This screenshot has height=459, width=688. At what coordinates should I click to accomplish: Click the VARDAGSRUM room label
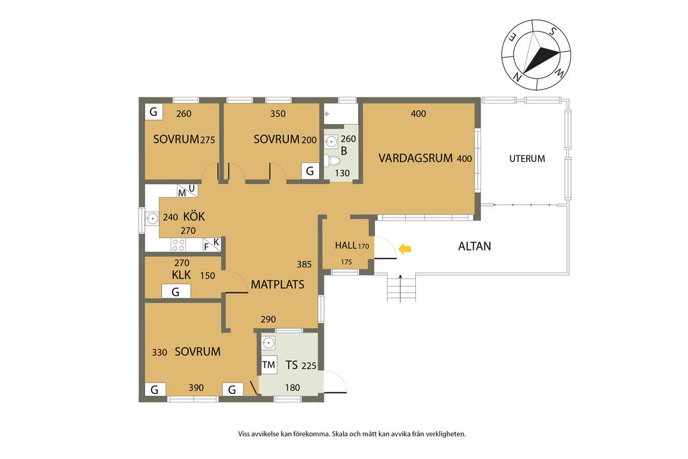point(415,158)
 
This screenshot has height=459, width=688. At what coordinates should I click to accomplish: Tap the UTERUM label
point(527,159)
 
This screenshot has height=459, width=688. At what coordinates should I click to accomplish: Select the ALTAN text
point(474,246)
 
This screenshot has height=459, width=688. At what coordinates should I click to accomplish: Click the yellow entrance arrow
point(404,249)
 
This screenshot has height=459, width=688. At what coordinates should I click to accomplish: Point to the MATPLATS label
point(277,284)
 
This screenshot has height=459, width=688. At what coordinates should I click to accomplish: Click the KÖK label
point(194,216)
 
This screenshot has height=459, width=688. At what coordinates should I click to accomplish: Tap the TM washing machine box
point(269,365)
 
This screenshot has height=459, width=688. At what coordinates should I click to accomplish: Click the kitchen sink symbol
point(153,218)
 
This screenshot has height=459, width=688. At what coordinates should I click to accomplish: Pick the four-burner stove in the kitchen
point(179,245)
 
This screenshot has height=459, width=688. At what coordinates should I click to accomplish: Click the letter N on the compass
point(517,78)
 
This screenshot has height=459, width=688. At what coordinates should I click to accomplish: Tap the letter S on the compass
point(553,32)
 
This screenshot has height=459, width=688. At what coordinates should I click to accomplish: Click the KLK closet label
point(181,275)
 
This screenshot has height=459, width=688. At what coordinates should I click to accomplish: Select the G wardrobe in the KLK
point(176,292)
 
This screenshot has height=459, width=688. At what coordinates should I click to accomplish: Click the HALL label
point(345,245)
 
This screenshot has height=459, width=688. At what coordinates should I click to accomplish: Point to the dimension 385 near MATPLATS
point(304,264)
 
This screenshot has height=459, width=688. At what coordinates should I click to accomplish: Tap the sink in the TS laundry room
point(269,343)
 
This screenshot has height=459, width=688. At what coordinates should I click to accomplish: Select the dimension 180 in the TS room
point(292,388)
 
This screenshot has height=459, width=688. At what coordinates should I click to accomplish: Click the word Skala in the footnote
point(340,434)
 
